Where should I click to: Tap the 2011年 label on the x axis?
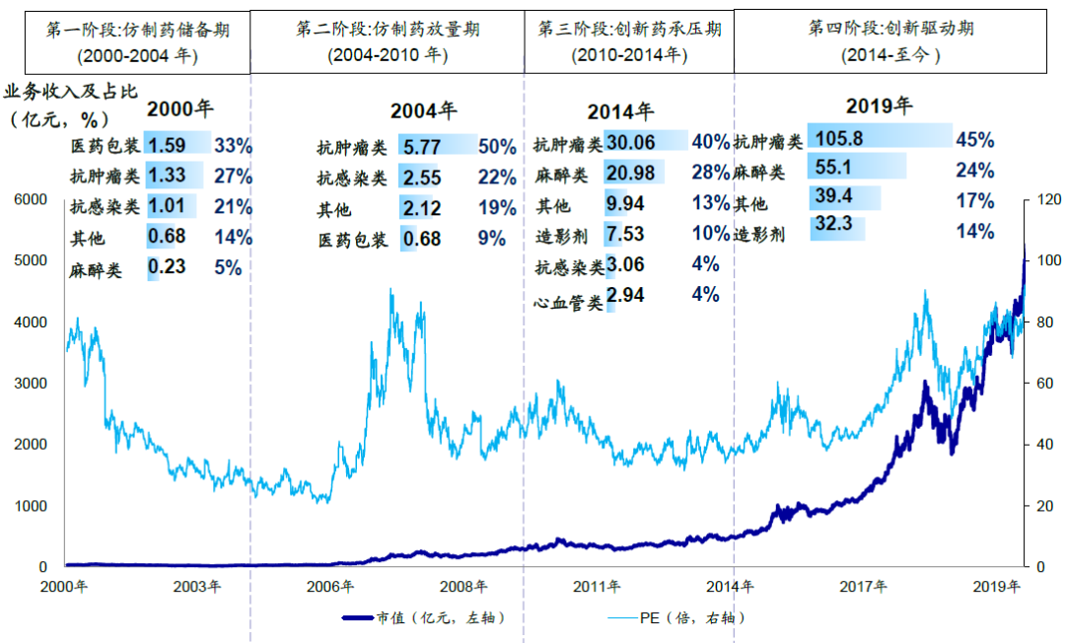coord(599,587)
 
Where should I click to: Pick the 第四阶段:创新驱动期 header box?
coord(889,41)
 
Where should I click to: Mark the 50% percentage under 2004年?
coord(497,147)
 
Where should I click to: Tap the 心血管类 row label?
coord(568,302)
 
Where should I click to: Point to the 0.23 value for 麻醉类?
coord(166,268)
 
